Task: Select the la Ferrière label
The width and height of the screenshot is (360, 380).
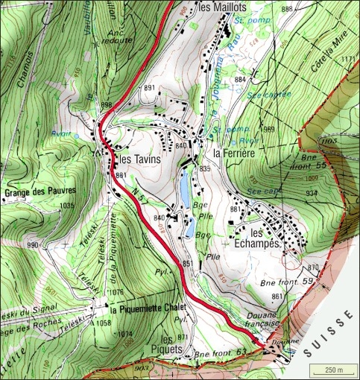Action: [234, 153]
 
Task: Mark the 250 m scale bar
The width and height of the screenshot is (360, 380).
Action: [328, 370]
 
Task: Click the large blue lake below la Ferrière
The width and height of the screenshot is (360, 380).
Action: [182, 187]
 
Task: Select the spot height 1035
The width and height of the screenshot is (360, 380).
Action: [68, 205]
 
